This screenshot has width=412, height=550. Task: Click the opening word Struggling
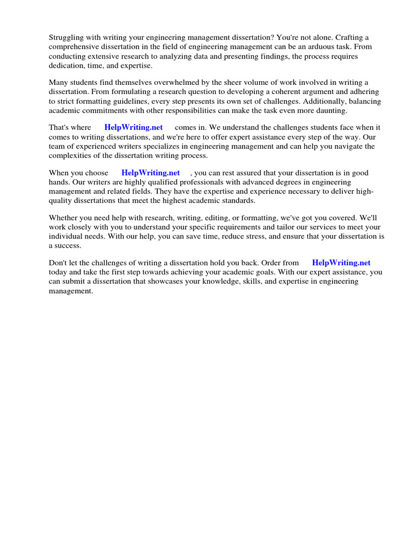pos(66,38)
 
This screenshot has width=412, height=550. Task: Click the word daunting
pos(330,110)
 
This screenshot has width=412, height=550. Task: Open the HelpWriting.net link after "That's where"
pos(134,128)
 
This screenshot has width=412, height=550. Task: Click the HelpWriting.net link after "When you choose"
pos(151,173)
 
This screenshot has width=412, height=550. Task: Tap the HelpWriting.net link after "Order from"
pos(341,263)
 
